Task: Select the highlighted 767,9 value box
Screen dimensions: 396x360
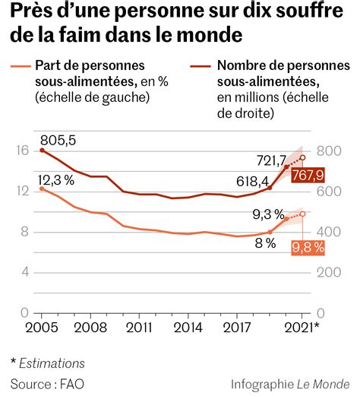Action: click(x=308, y=176)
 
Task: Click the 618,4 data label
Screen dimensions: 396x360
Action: click(x=253, y=182)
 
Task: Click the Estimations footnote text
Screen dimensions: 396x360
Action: click(x=52, y=363)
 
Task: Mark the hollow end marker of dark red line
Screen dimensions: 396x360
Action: click(x=303, y=158)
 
